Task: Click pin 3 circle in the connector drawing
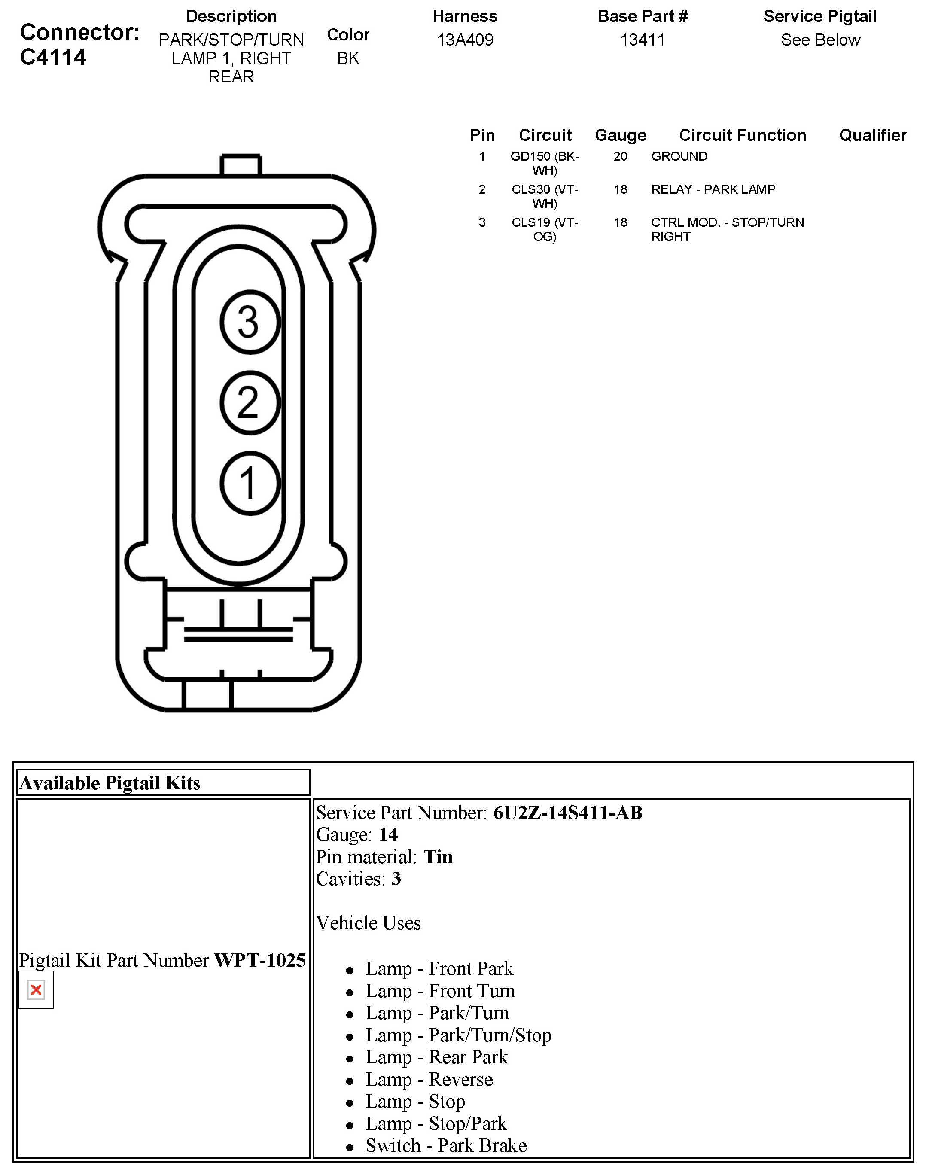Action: click(250, 322)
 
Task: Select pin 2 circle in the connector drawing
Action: click(250, 403)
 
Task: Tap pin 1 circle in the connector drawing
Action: click(250, 483)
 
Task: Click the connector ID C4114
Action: click(53, 57)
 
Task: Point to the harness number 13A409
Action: click(465, 40)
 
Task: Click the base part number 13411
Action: click(642, 40)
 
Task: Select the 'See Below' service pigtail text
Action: click(820, 40)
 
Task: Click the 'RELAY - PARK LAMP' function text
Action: click(713, 189)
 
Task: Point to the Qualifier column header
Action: click(872, 135)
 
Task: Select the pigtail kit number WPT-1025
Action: click(260, 960)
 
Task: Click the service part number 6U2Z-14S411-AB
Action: click(567, 813)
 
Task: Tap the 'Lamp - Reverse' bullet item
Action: click(429, 1079)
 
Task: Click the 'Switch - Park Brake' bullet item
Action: click(446, 1145)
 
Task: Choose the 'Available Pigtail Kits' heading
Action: click(110, 782)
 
